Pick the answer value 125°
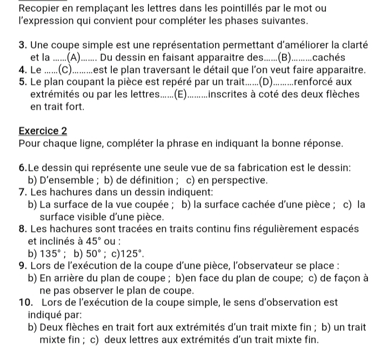[134, 252]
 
